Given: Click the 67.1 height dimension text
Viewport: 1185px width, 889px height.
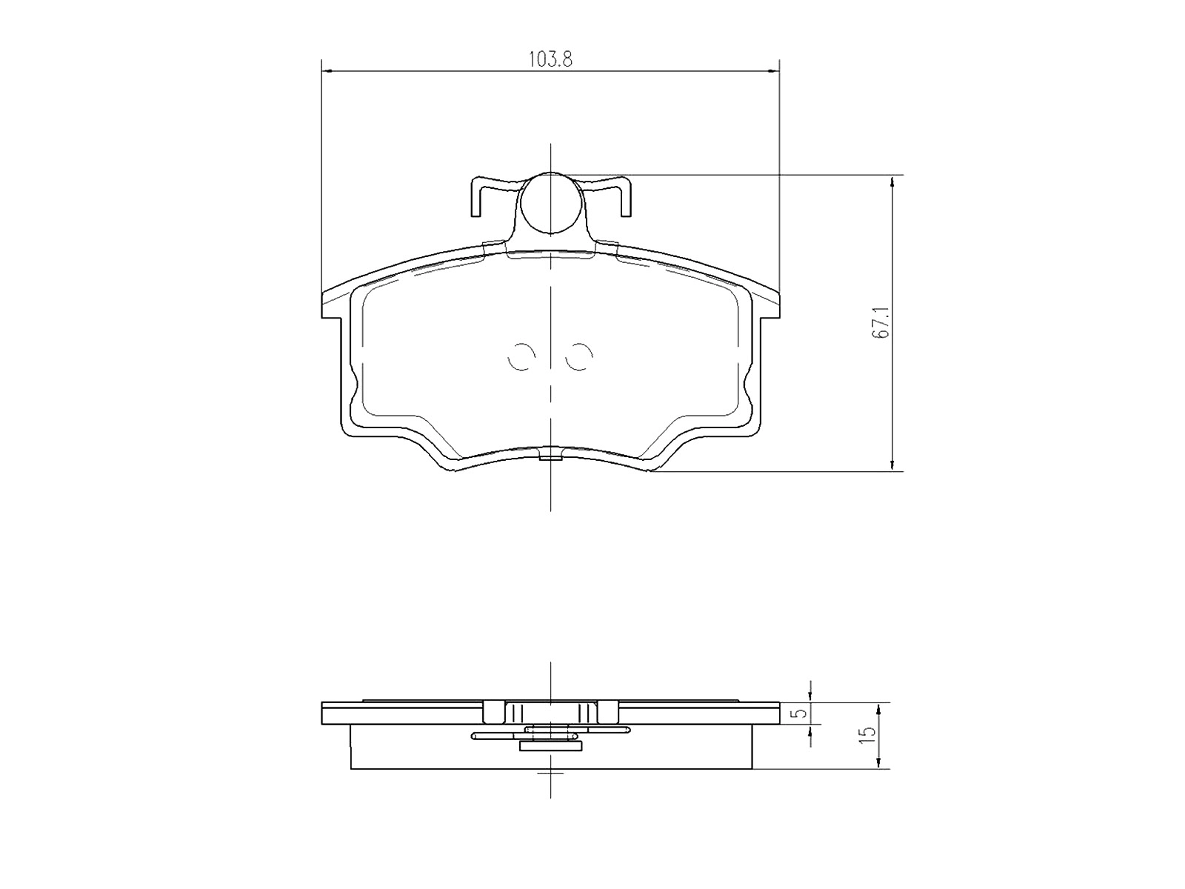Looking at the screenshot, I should coord(880,324).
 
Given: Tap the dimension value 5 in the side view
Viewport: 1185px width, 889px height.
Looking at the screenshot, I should coord(798,713).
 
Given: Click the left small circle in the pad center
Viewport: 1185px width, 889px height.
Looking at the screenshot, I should coord(521,358).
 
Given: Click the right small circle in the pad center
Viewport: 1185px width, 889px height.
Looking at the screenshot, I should coord(578,358).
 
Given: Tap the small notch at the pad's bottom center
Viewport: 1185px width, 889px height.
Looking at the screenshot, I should coord(550,455).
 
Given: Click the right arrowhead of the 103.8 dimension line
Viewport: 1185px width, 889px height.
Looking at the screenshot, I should coord(775,71).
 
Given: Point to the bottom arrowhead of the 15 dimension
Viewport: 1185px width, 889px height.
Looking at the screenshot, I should coord(879,765).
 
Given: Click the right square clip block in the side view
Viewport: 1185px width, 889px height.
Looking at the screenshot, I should coord(607,713).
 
